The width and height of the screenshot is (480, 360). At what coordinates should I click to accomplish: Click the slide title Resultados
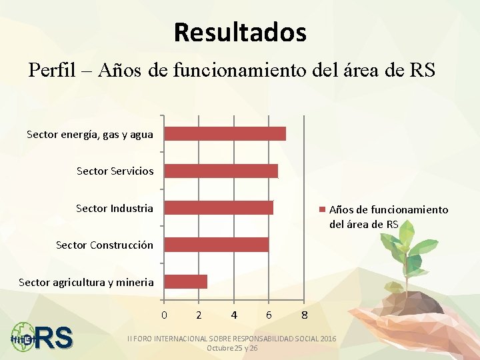click(x=240, y=32)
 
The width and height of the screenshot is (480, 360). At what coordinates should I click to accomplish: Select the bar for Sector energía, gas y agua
click(x=225, y=134)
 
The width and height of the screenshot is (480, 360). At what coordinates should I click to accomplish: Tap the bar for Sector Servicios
click(x=221, y=171)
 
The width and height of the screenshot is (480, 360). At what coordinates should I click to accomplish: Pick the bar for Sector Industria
click(x=219, y=208)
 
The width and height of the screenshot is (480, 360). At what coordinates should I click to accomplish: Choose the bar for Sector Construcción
click(x=216, y=245)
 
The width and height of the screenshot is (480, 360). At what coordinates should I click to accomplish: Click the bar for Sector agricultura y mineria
click(x=185, y=281)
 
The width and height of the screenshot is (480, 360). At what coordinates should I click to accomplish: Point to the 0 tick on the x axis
click(x=164, y=314)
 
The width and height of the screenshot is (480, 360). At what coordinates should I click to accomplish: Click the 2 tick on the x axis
click(x=199, y=314)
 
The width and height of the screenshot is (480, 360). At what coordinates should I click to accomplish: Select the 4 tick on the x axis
click(x=233, y=314)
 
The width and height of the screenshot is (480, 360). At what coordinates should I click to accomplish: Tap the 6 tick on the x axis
click(x=268, y=314)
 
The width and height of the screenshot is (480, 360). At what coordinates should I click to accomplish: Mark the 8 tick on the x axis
click(x=303, y=314)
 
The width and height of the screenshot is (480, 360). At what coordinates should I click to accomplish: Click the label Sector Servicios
click(x=115, y=171)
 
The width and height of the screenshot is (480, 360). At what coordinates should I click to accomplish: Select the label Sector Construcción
click(x=104, y=245)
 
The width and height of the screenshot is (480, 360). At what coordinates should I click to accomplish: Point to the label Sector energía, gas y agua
click(x=90, y=135)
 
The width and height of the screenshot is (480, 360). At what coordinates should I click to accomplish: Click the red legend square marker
click(x=323, y=210)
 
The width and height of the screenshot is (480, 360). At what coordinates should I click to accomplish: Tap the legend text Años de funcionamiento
click(x=389, y=210)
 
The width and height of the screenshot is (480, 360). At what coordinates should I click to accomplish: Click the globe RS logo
click(x=41, y=337)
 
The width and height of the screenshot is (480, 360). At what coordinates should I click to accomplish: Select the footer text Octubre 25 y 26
click(x=232, y=349)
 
